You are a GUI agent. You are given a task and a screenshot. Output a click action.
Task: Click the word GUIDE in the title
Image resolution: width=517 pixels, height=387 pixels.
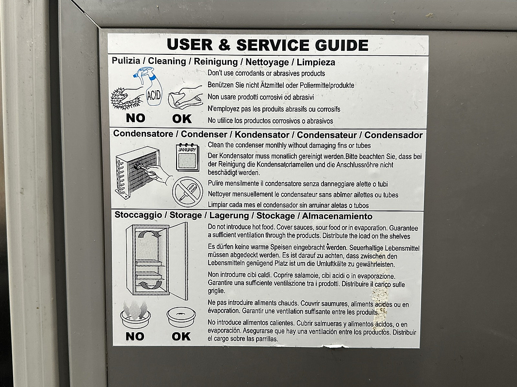pos(341,45)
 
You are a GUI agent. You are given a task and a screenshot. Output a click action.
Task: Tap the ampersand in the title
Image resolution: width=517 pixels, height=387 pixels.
pos(224,45)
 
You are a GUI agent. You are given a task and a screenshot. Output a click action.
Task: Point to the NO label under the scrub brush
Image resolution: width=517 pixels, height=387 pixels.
pos(135,118)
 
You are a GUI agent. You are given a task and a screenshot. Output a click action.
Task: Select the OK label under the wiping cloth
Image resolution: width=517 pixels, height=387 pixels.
pos(182,118)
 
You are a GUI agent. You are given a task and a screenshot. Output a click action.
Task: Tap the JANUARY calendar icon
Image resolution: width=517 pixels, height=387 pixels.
pos(187,157)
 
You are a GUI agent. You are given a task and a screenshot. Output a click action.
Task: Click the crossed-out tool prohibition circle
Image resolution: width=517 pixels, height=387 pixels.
pos(188,192)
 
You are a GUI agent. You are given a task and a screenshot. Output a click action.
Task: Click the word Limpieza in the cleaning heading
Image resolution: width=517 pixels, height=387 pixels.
pos(316,62)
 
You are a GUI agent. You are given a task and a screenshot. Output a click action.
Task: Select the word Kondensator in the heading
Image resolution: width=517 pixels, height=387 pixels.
pos(262,134)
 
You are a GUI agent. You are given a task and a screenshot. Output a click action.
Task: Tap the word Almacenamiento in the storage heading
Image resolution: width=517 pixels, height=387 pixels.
pos(337,216)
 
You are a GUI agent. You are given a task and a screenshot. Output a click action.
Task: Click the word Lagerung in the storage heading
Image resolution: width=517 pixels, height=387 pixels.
pos(229,216)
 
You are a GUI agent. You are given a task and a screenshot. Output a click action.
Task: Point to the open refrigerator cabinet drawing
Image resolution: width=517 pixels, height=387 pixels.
pos(157,261)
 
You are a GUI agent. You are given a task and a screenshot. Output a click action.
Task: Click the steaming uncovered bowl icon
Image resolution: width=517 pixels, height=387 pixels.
pos(135,314)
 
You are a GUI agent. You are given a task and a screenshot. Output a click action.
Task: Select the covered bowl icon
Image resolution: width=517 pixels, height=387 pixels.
pos(181,317)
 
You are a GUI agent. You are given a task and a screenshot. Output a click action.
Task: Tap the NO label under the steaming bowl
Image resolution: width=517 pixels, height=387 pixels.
pos(135,336)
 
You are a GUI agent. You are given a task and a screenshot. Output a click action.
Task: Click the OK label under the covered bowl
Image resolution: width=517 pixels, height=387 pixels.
pos(181,336)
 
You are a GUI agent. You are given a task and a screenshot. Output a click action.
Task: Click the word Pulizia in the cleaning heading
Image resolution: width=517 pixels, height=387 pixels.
pos(126,60)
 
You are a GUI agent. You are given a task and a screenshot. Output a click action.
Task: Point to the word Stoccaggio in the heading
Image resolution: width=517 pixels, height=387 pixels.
pos(138,215)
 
